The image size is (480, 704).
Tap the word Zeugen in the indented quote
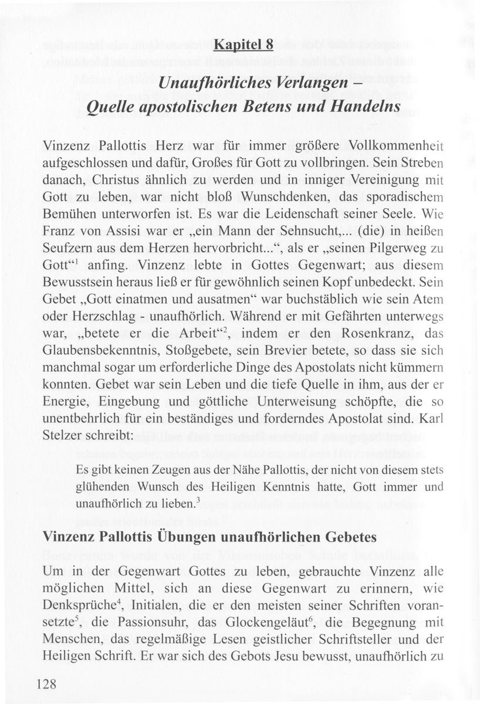tap(165, 471)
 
